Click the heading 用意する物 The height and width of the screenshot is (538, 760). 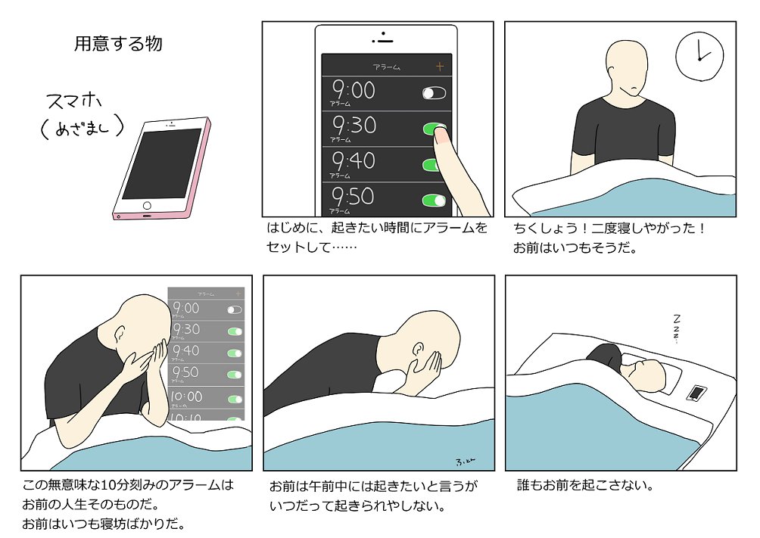tap(118, 44)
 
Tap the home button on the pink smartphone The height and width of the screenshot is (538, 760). tap(147, 206)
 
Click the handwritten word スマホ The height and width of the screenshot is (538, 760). tap(74, 102)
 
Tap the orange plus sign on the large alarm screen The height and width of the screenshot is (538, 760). tap(440, 67)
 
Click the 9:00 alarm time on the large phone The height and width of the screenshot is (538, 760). tap(354, 90)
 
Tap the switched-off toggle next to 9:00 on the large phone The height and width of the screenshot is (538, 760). tap(434, 93)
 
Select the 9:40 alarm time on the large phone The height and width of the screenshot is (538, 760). tap(354, 160)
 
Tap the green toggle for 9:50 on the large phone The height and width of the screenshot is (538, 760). tap(434, 201)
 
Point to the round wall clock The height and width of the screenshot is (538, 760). tap(699, 57)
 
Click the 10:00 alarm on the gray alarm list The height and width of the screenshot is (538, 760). tap(186, 397)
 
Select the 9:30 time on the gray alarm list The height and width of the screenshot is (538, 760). tap(186, 330)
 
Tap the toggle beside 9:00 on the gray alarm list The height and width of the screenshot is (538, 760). tap(235, 309)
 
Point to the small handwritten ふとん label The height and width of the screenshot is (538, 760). tap(465, 462)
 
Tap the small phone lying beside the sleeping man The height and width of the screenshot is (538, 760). tap(696, 392)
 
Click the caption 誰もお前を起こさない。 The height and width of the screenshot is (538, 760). tap(586, 485)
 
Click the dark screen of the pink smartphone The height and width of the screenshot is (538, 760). tap(162, 163)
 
